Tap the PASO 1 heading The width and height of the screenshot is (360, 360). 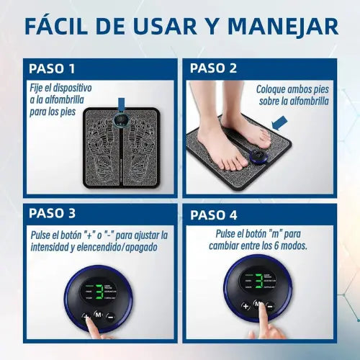pyautogui.click(x=51, y=68)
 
